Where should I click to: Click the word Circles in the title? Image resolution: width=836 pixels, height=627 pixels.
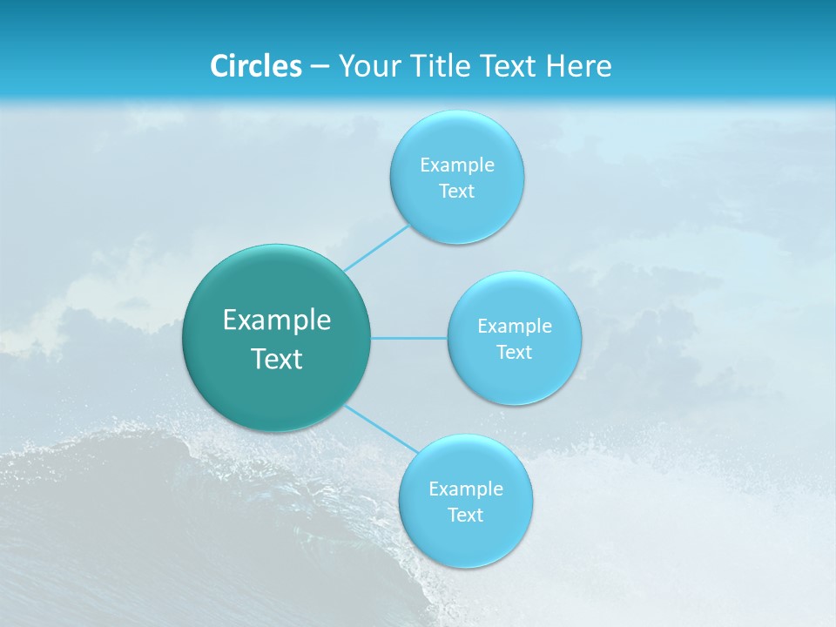pyautogui.click(x=255, y=65)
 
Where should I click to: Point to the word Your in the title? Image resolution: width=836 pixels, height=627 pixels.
pyautogui.click(x=365, y=65)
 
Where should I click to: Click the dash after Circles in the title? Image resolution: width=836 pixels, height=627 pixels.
pyautogui.click(x=319, y=67)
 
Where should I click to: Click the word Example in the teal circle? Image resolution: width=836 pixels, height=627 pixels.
pyautogui.click(x=277, y=320)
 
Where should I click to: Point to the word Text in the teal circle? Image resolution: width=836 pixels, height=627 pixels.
pyautogui.click(x=277, y=359)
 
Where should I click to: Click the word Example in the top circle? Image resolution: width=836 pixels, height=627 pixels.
pyautogui.click(x=456, y=165)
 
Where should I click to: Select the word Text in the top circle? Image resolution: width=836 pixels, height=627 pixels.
pyautogui.click(x=456, y=191)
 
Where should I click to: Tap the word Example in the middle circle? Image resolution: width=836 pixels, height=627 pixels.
pyautogui.click(x=514, y=326)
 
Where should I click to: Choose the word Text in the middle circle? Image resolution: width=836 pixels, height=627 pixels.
pyautogui.click(x=514, y=352)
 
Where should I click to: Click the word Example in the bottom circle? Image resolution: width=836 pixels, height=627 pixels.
pyautogui.click(x=465, y=489)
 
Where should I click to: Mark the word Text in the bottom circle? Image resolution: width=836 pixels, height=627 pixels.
pyautogui.click(x=465, y=515)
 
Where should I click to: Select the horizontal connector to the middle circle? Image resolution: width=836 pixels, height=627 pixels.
pyautogui.click(x=409, y=337)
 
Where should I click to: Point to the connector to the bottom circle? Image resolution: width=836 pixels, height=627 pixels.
pyautogui.click(x=380, y=428)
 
